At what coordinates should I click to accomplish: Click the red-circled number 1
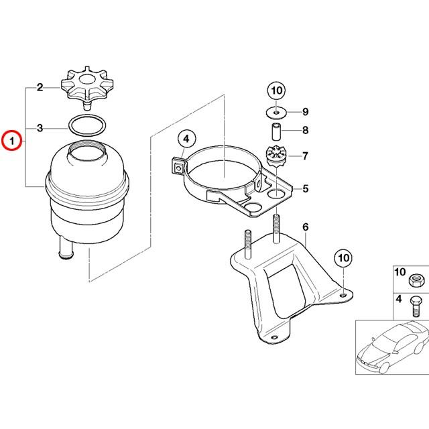click(x=11, y=141)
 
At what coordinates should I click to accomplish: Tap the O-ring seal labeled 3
click(x=86, y=126)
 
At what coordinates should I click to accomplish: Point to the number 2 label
click(x=40, y=87)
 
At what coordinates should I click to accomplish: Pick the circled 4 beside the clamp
click(x=186, y=139)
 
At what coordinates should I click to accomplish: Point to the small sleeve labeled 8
click(x=275, y=130)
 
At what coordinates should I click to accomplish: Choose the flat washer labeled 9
click(x=275, y=111)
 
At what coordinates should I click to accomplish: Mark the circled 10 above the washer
click(x=275, y=90)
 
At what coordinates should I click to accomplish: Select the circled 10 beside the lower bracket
click(x=343, y=257)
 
